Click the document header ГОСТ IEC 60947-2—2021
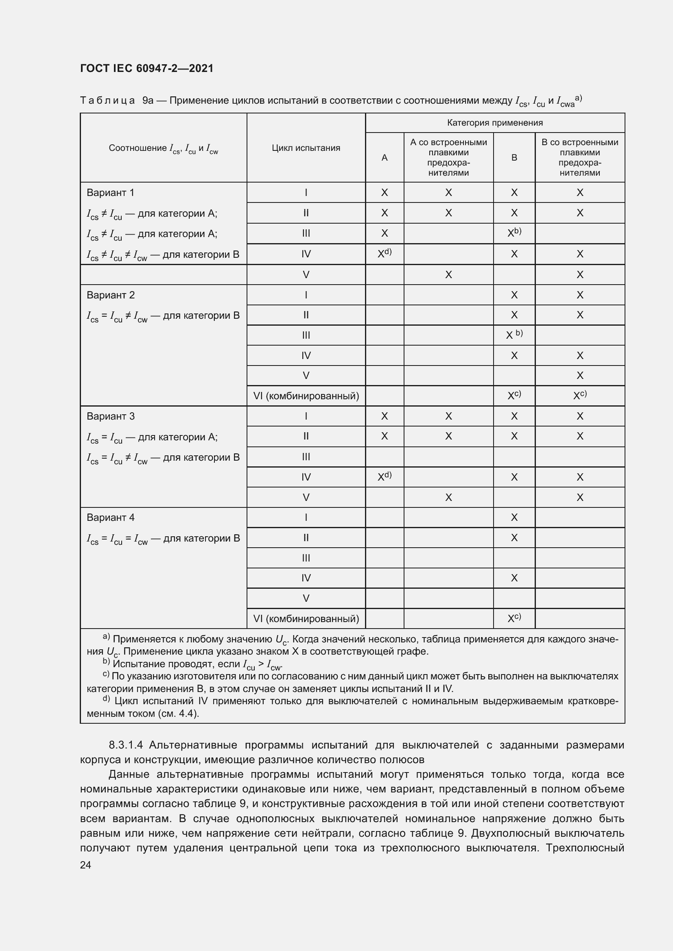tap(147, 68)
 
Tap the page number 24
tap(85, 865)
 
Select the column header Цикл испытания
tap(306, 148)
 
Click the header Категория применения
tap(495, 123)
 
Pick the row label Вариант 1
tap(110, 193)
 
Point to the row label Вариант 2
tap(111, 295)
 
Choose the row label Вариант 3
tap(111, 416)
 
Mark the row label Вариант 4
tap(111, 517)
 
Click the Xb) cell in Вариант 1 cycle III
tap(514, 233)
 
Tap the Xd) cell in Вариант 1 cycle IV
tap(385, 253)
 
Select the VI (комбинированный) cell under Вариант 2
tap(306, 396)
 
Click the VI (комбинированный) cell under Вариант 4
tap(306, 618)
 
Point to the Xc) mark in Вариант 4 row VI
tap(514, 618)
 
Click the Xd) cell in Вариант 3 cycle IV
tap(385, 477)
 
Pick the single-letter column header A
tap(385, 157)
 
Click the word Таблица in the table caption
tap(107, 101)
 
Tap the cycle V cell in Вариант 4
tap(306, 598)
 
